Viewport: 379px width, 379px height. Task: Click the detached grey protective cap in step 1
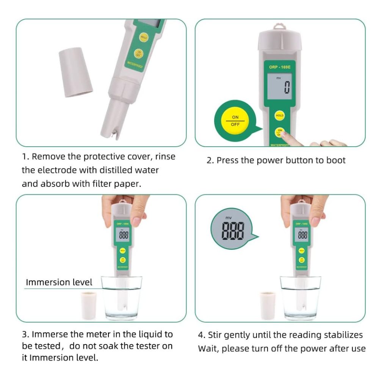click(75, 72)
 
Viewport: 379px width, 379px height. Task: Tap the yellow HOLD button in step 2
click(279, 116)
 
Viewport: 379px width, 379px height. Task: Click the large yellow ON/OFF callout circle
click(235, 121)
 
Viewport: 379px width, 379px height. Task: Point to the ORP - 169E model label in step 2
click(280, 67)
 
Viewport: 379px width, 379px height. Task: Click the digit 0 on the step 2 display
click(287, 87)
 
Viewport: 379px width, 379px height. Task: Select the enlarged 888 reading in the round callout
click(233, 230)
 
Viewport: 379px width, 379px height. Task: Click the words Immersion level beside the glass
click(59, 282)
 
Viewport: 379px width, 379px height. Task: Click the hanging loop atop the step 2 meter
click(279, 27)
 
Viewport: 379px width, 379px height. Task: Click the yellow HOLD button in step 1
click(143, 38)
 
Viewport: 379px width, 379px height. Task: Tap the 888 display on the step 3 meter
click(124, 235)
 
